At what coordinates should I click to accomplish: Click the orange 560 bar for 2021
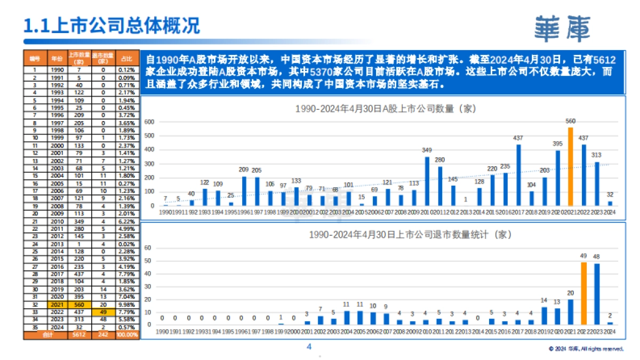coord(571,166)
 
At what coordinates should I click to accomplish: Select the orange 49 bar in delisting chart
coord(584,293)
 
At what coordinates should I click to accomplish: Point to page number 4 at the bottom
coord(309,347)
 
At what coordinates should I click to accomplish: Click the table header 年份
coord(57,58)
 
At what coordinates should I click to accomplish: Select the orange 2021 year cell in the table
coord(57,305)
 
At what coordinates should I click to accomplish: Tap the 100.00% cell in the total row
coord(127,335)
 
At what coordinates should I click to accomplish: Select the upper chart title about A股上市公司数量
coord(385,109)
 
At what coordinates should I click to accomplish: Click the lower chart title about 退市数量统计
coord(385,235)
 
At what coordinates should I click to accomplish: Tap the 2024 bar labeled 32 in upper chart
coord(610,203)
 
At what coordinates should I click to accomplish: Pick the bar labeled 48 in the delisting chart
coord(597,293)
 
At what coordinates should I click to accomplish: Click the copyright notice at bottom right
coord(586,349)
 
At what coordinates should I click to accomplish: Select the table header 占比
coord(127,58)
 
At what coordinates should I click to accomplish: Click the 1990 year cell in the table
coord(57,70)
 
